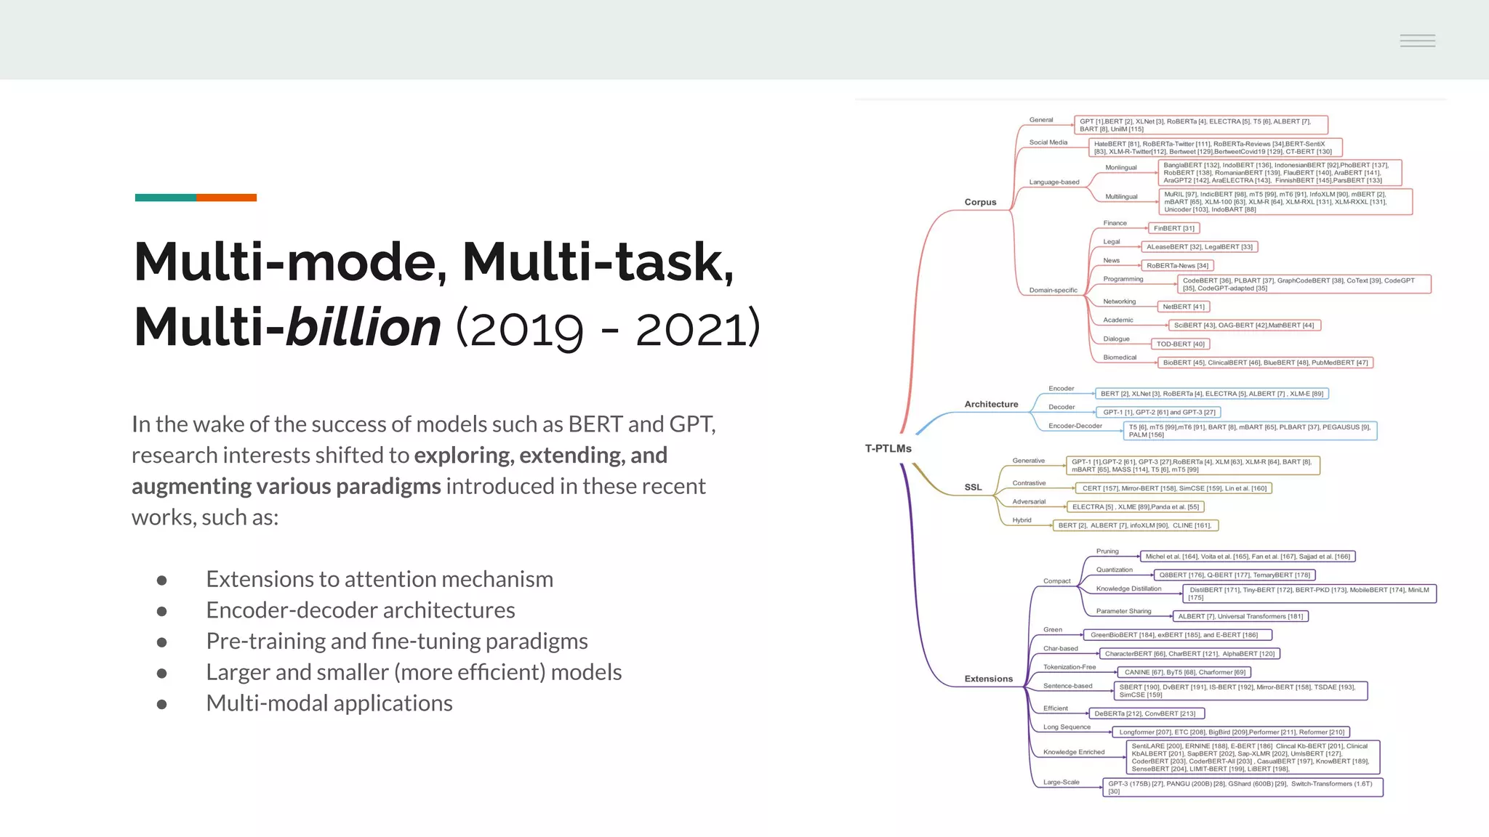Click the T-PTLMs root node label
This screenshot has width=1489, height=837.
click(888, 448)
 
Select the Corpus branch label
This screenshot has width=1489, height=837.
click(980, 202)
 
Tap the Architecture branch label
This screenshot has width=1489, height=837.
click(991, 404)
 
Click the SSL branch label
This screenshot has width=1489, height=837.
click(973, 488)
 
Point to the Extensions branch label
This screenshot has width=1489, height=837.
click(988, 679)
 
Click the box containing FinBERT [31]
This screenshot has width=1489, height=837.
click(1173, 228)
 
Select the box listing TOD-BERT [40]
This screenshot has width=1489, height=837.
click(1180, 344)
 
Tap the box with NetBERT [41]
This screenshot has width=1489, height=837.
click(1183, 307)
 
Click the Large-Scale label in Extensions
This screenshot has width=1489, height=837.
click(1061, 783)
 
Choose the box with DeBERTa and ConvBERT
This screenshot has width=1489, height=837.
click(1146, 713)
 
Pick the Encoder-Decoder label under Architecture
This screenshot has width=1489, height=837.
click(1075, 426)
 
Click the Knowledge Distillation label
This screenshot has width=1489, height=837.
click(1128, 589)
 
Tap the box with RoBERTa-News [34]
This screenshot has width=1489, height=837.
click(1177, 266)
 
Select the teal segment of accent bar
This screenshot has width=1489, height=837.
click(165, 198)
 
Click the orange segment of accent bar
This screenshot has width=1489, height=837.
click(226, 198)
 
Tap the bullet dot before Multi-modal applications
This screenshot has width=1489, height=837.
click(161, 704)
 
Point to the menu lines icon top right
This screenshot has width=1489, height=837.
click(1417, 41)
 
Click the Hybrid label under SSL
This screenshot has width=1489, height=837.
click(1022, 520)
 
